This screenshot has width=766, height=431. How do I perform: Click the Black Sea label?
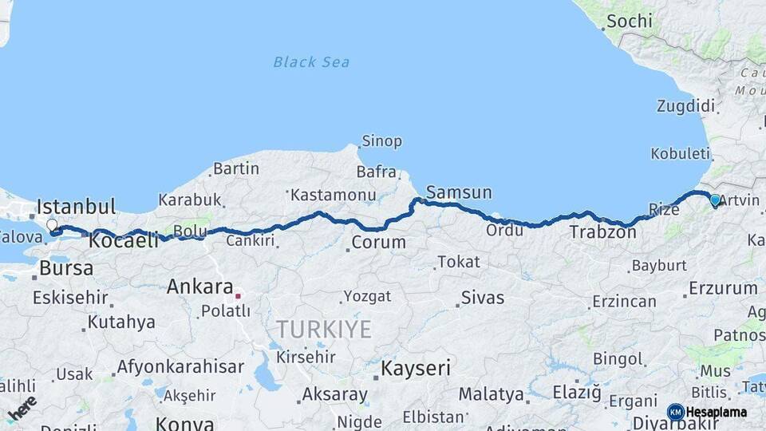click(311, 62)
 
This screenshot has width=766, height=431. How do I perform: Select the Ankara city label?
click(199, 287)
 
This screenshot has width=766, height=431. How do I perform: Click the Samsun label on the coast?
click(459, 193)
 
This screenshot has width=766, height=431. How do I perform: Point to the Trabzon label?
click(602, 232)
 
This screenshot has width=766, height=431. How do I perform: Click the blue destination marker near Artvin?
click(715, 201)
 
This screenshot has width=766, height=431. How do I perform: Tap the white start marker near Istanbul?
click(53, 226)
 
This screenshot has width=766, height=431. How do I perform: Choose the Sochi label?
click(629, 22)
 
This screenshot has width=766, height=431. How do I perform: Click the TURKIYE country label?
click(324, 329)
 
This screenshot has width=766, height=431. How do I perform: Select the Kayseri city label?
click(415, 369)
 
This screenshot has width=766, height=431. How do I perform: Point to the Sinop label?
click(381, 142)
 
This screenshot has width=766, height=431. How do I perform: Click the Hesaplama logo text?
click(717, 412)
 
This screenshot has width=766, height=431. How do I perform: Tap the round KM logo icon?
click(676, 412)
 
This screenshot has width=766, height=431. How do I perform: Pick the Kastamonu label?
click(333, 195)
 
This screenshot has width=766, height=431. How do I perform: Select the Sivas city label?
click(483, 298)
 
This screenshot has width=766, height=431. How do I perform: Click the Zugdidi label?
click(685, 106)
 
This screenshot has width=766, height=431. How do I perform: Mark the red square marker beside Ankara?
click(238, 296)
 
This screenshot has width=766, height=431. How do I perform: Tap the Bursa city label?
click(66, 268)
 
